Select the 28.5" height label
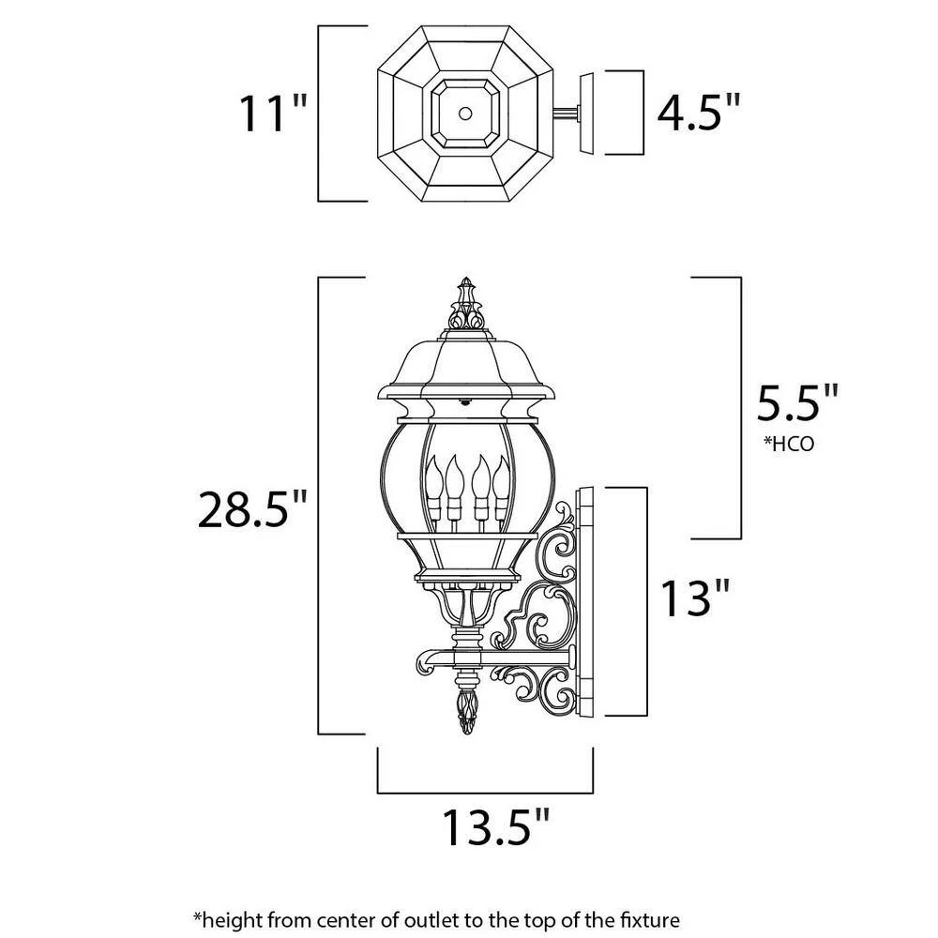point(252,510)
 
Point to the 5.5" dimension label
point(797,406)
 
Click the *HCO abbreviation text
point(789,444)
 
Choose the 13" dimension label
point(695,598)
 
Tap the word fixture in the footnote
point(646,917)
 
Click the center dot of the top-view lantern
point(465,113)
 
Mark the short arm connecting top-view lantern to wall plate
point(566,114)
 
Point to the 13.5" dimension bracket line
point(485,791)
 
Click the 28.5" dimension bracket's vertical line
point(320,507)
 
